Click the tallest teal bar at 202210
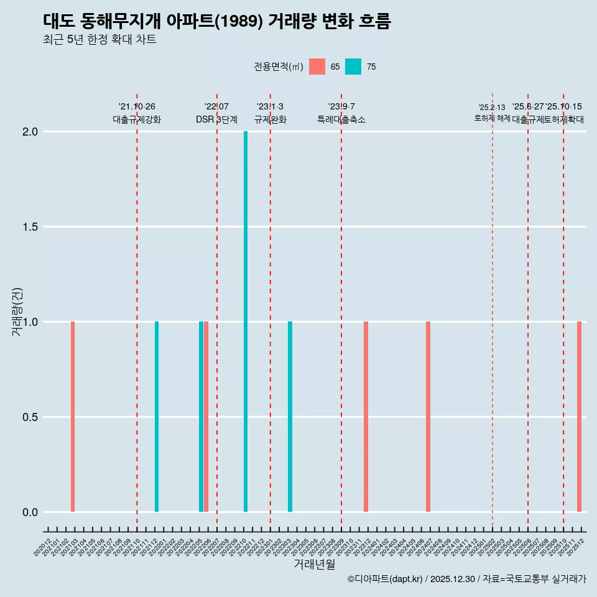click(x=246, y=322)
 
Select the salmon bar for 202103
click(x=73, y=417)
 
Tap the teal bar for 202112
click(x=157, y=417)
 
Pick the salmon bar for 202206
click(x=206, y=417)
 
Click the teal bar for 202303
click(x=290, y=417)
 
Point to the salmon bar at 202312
click(x=366, y=417)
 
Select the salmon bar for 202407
click(x=428, y=417)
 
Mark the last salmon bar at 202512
click(x=579, y=417)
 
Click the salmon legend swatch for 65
click(x=317, y=67)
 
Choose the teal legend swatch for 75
click(x=353, y=67)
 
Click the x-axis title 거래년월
click(x=315, y=565)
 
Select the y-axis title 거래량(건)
click(x=17, y=312)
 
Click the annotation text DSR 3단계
click(x=216, y=119)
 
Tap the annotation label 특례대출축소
click(x=341, y=119)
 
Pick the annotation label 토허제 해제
click(x=492, y=118)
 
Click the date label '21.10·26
click(x=137, y=106)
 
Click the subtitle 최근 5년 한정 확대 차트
click(x=99, y=40)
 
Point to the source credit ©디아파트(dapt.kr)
click(x=385, y=580)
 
